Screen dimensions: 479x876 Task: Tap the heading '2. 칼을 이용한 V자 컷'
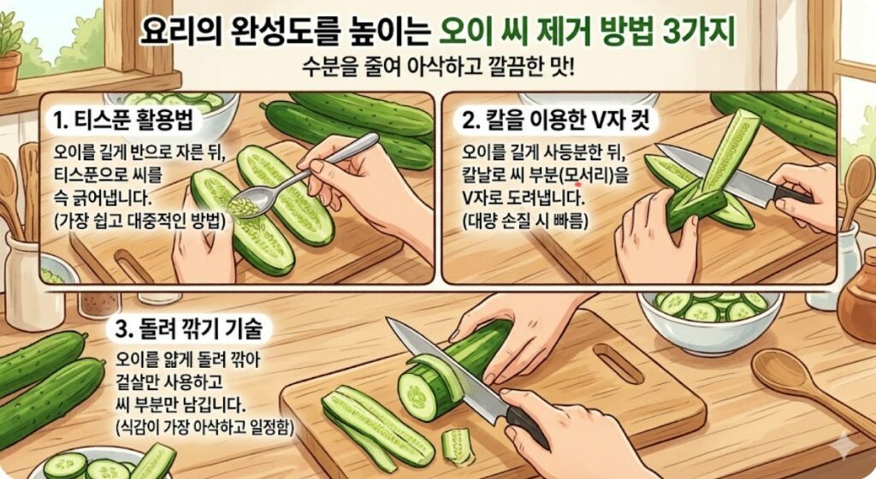pyautogui.click(x=555, y=121)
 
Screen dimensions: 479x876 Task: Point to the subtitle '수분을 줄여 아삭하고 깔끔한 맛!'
pyautogui.click(x=439, y=66)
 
